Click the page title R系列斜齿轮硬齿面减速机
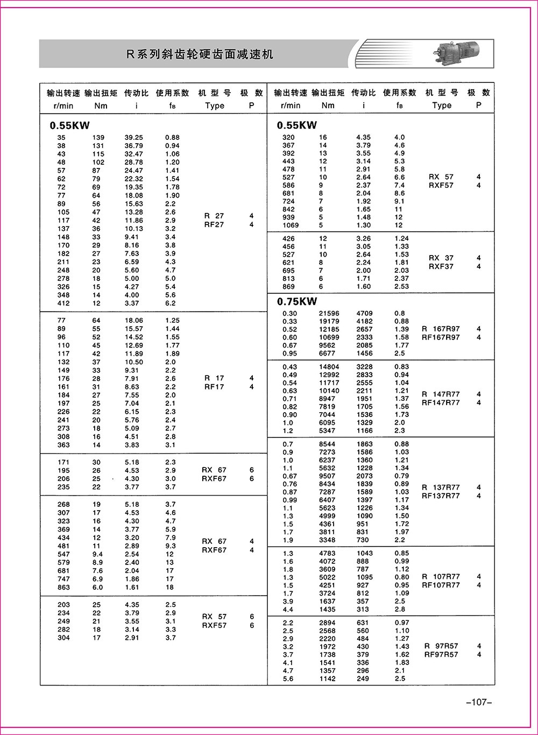point(200,54)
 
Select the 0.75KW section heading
point(297,301)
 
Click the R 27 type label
point(214,216)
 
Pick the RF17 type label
point(214,387)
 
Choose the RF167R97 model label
point(441,337)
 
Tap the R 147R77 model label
point(441,394)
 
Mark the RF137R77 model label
point(441,496)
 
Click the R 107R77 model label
point(441,577)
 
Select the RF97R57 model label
point(441,655)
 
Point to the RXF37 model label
point(441,266)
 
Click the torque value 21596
point(329,313)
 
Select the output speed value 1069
point(290,225)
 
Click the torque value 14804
point(329,367)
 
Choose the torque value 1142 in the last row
point(327,679)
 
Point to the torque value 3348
point(327,540)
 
